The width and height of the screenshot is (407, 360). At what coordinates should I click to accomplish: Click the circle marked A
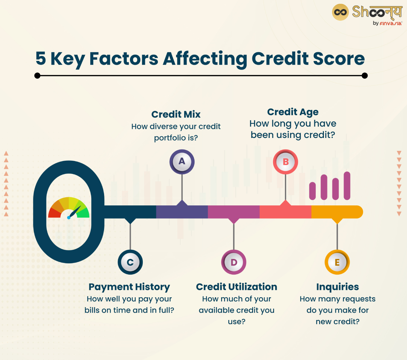tap(182, 161)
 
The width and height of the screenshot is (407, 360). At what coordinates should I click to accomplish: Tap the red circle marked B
tap(286, 162)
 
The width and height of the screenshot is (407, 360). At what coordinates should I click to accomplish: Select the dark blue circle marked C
tap(130, 262)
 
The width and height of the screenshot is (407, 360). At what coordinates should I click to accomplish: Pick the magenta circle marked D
tap(234, 262)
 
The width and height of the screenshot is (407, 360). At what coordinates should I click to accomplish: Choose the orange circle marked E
tap(337, 262)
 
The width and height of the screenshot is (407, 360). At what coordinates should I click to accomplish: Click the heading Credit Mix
tap(176, 114)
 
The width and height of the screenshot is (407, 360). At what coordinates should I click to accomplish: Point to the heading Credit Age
tap(293, 112)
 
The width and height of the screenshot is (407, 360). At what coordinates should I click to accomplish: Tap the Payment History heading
tap(129, 287)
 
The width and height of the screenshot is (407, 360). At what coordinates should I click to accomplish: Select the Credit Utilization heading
tap(236, 287)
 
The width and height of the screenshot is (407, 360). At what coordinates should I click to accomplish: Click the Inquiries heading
tap(337, 287)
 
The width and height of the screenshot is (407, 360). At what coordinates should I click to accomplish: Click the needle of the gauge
tap(74, 212)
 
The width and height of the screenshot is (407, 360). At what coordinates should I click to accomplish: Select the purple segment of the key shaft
tap(182, 212)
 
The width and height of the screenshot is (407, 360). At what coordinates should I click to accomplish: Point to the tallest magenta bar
tap(347, 185)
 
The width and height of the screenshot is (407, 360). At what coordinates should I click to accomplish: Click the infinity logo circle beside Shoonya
tap(340, 13)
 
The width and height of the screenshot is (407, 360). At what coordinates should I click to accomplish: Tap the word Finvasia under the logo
tap(390, 23)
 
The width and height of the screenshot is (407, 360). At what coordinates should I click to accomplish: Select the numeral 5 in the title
tap(41, 58)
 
